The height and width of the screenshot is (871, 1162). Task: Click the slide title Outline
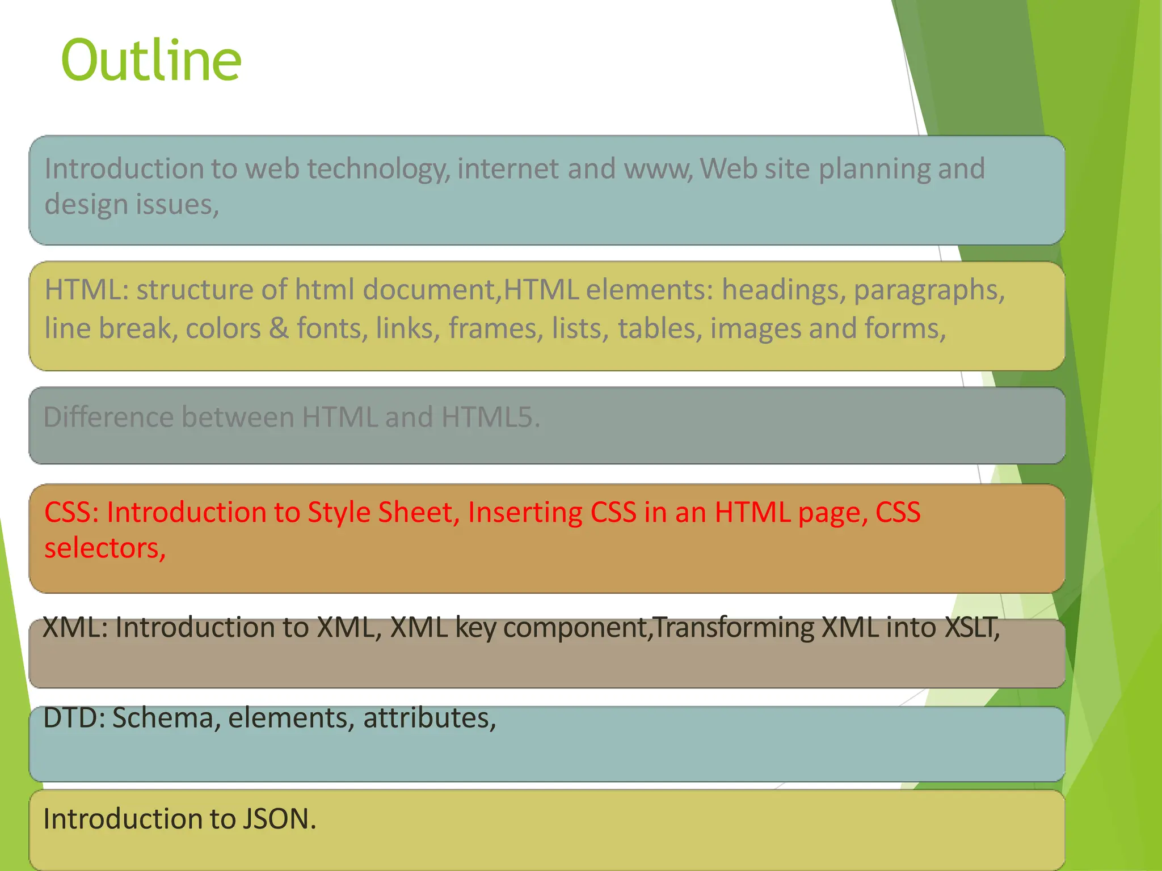coord(151,60)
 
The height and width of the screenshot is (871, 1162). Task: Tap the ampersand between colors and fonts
coord(279,328)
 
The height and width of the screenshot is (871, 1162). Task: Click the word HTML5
coord(490,417)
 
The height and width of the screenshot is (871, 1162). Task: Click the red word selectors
coord(104,548)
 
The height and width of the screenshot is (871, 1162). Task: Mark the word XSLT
coord(972,628)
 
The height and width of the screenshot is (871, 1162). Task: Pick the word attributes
coord(430,718)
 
